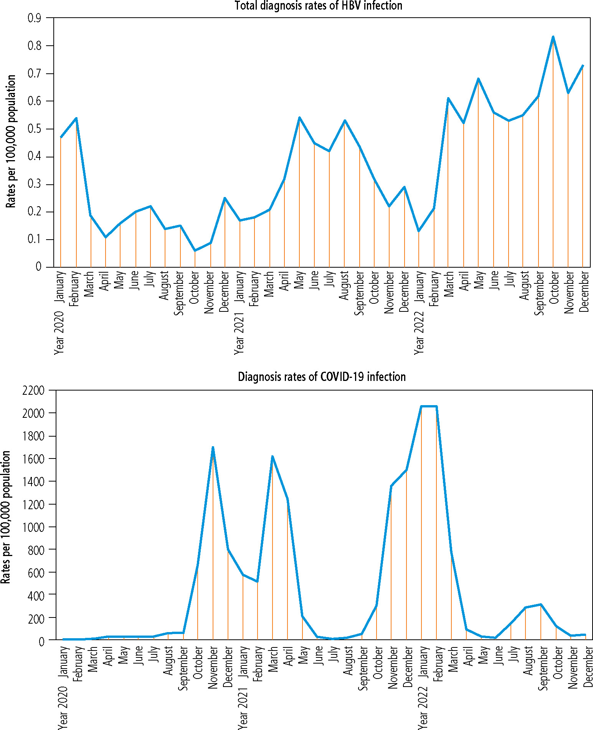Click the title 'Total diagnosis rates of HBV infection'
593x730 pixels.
[319, 6]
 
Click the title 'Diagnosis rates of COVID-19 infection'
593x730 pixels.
[322, 377]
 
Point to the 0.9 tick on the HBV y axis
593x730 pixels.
[34, 18]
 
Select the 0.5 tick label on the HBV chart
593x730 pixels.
[34, 129]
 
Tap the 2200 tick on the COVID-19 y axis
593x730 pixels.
[34, 391]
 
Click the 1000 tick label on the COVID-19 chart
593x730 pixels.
[34, 527]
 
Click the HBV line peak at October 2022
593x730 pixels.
[553, 37]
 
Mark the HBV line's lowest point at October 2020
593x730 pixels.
[195, 251]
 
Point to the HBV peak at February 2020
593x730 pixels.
[76, 118]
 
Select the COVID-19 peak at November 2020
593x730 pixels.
[213, 447]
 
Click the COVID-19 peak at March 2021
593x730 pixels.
[272, 457]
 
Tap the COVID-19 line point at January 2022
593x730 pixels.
[421, 406]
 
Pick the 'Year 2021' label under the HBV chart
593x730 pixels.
[239, 333]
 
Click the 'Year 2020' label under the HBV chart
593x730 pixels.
[59, 333]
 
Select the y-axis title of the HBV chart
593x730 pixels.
[11, 141]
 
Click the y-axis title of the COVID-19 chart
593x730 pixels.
[5, 517]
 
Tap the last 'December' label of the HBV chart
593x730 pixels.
[583, 291]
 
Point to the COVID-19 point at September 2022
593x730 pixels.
[541, 604]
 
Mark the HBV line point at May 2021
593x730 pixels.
[299, 118]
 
